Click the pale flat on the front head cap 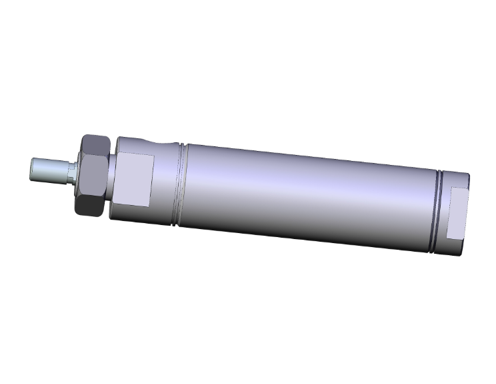point(138,179)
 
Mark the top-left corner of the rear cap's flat point(453,188)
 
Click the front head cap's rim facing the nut point(115,177)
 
